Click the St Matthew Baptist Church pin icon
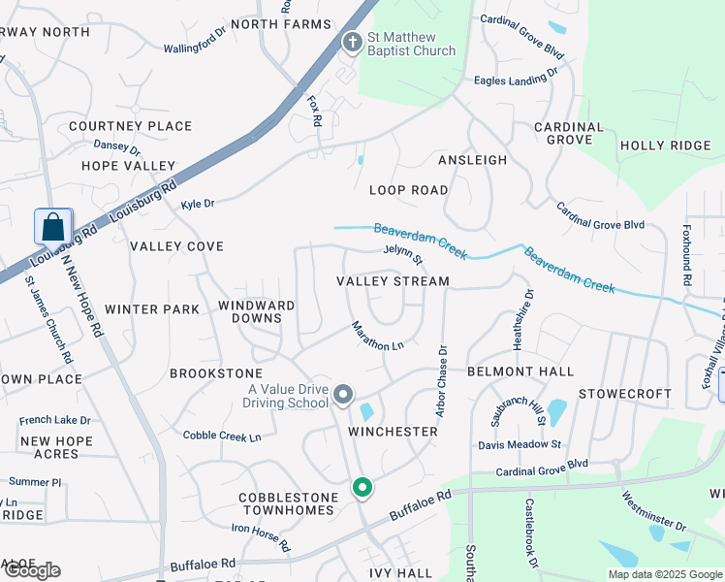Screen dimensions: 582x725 click(352, 41)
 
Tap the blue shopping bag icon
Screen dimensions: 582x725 click(52, 227)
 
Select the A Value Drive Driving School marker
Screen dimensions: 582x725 click(343, 395)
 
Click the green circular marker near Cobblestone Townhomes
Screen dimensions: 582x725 click(362, 487)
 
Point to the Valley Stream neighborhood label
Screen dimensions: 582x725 click(393, 281)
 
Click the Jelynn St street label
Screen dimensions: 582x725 click(403, 255)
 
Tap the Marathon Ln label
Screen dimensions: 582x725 click(377, 337)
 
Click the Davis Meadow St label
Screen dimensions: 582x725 click(520, 445)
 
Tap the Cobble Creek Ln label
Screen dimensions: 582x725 click(222, 436)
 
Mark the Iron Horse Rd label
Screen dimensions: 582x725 click(260, 538)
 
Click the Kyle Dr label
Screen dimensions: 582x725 click(198, 204)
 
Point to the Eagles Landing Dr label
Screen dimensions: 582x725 click(516, 77)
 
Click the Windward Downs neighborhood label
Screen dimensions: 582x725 click(256, 311)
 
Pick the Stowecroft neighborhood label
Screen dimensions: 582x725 click(625, 394)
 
